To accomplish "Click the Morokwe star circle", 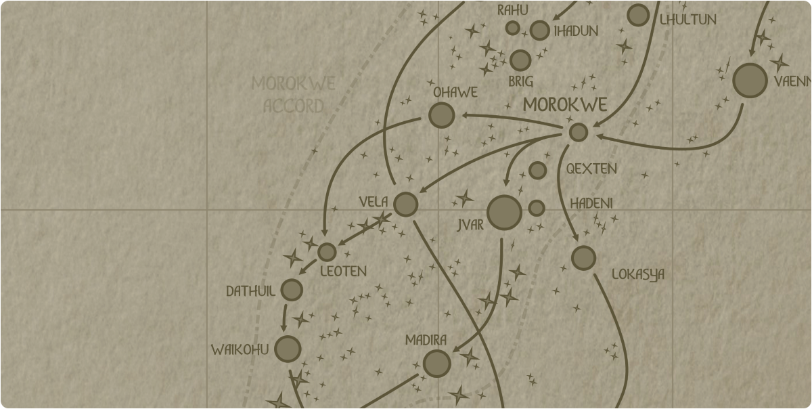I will tap(578, 132).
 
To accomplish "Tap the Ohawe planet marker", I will tap(441, 116).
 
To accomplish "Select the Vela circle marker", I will tap(405, 204).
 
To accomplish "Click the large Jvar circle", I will tap(504, 213).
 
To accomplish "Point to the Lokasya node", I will tap(583, 258).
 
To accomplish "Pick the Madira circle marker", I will tap(436, 364).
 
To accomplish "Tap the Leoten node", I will tap(327, 252).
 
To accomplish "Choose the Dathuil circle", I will tap(292, 290).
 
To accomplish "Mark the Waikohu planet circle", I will tap(288, 349).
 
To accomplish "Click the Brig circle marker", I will tap(520, 60).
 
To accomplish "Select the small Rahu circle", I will tap(513, 28).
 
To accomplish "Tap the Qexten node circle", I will tap(537, 170).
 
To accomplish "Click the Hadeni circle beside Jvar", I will tap(537, 208).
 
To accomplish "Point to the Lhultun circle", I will tap(638, 15).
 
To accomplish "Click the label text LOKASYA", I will tap(637, 275).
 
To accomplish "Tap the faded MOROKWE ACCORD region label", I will tap(294, 95).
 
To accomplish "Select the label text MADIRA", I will tap(426, 340).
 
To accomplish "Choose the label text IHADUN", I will tap(576, 31).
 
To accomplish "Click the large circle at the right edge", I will tap(750, 81).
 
